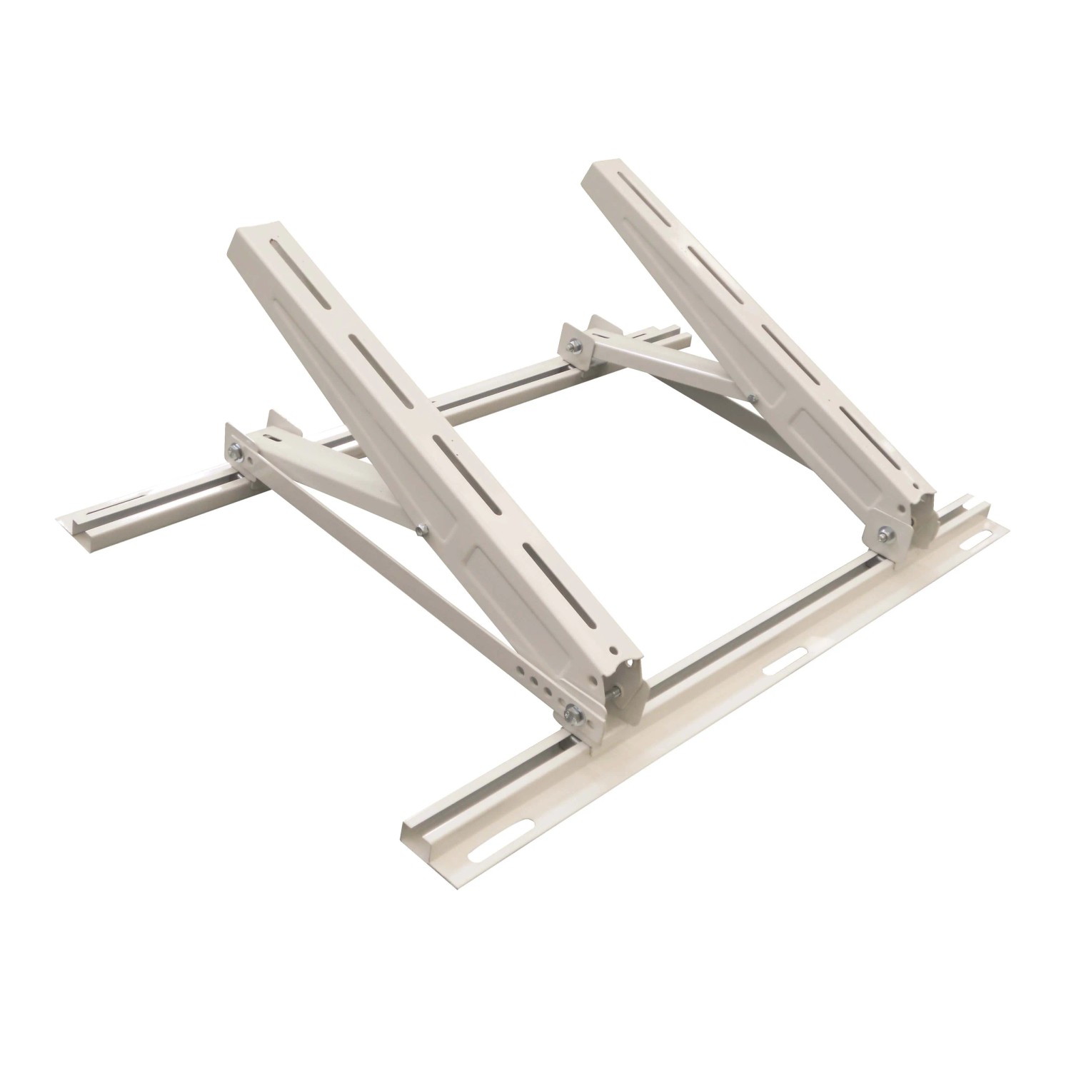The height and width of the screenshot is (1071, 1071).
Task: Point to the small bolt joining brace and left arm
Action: (421, 529)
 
